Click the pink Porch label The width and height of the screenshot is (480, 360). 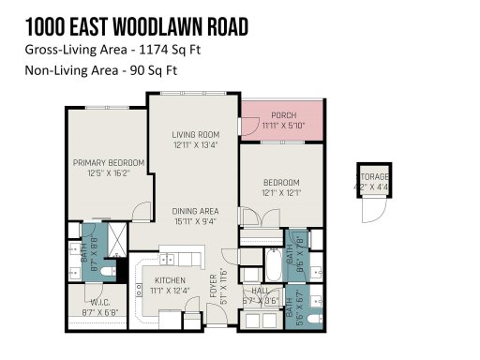click(x=283, y=115)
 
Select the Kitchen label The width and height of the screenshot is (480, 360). click(x=170, y=279)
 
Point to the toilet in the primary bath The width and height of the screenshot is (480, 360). click(x=107, y=273)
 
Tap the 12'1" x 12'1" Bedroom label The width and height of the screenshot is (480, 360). click(x=280, y=182)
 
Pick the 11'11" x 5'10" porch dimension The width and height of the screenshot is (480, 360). click(x=283, y=125)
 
